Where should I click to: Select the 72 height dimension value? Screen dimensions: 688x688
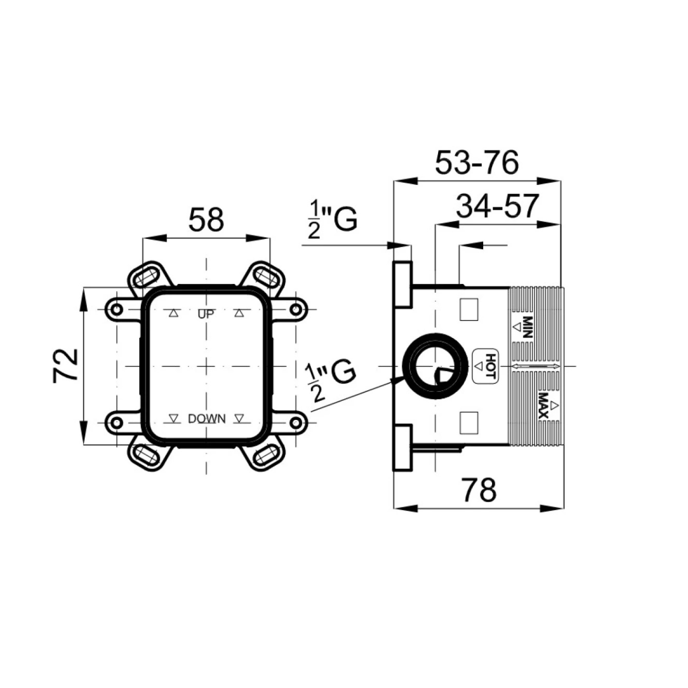pyautogui.click(x=65, y=365)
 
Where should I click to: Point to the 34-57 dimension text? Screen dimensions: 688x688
pyautogui.click(x=497, y=206)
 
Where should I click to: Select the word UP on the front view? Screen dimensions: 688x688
pyautogui.click(x=206, y=314)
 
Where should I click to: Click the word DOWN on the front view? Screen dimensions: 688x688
pyautogui.click(x=207, y=419)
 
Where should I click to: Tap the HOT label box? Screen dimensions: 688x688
pyautogui.click(x=485, y=367)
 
